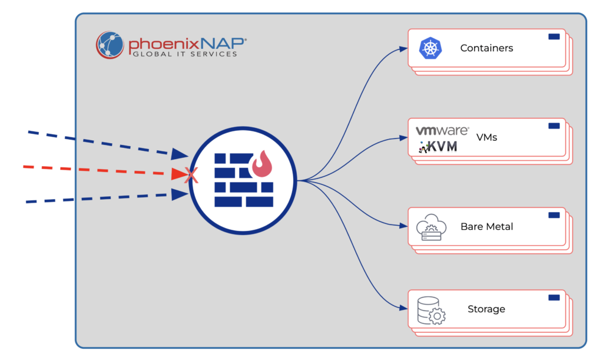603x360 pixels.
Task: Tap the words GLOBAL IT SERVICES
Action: pos(184,54)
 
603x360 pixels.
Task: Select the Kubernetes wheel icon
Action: pos(430,48)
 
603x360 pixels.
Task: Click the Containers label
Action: pos(486,48)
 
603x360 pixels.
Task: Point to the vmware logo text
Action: pos(442,131)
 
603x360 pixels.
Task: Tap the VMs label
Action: pos(486,137)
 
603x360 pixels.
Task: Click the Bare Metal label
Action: pos(486,226)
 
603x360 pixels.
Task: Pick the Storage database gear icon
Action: pos(430,310)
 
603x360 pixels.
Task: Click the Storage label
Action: pos(486,309)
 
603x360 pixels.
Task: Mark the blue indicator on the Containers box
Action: pos(554,37)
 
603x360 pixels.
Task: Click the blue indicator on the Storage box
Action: pos(554,298)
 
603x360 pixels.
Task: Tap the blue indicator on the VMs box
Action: pos(554,125)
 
